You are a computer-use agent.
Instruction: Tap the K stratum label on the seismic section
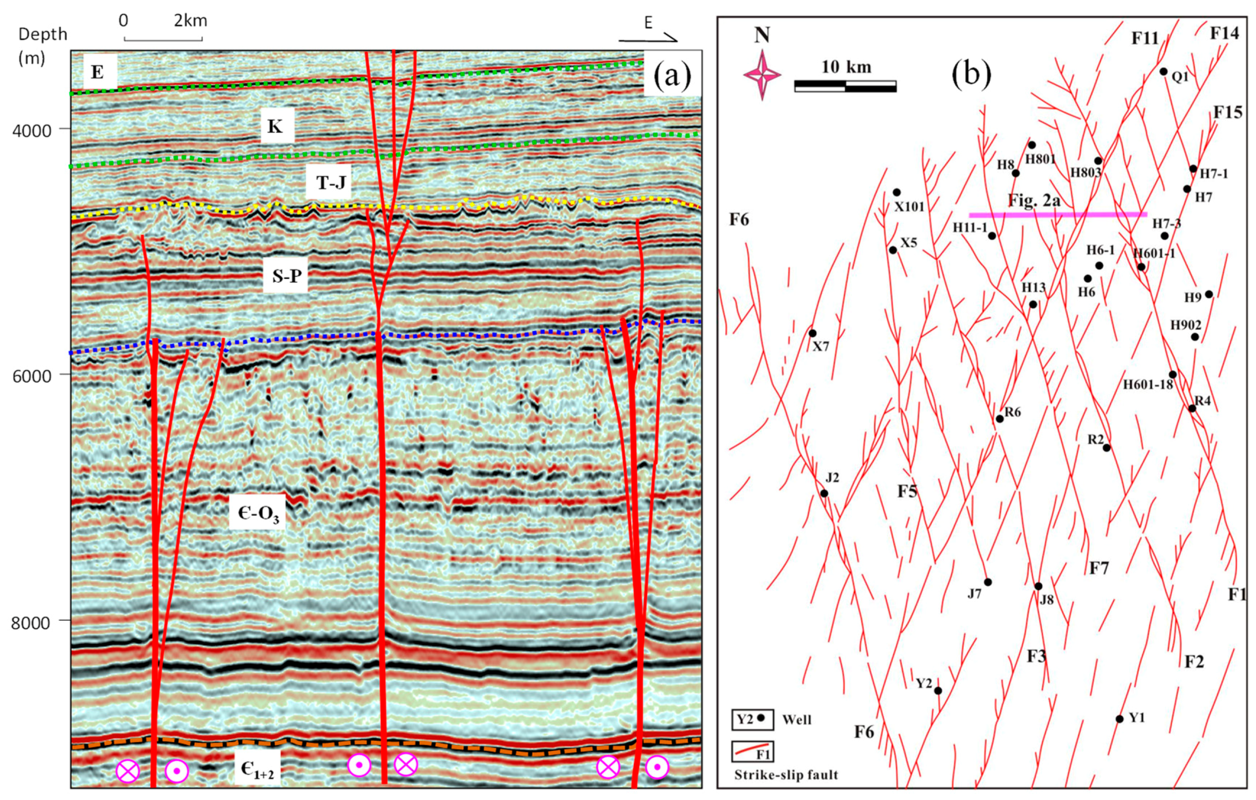[275, 127]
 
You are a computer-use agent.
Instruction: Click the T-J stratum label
[331, 183]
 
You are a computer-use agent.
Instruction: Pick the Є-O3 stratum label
[258, 513]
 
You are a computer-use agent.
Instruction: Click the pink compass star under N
[762, 75]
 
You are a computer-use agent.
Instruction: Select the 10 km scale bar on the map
[845, 86]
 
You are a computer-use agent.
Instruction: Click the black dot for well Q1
[1163, 71]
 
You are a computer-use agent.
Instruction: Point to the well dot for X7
[812, 333]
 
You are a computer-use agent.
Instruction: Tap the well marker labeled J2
[824, 493]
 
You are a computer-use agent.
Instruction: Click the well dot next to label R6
[999, 419]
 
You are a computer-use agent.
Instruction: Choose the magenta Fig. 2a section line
[1058, 214]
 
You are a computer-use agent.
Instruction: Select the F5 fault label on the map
[907, 491]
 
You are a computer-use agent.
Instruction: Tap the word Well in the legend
[797, 720]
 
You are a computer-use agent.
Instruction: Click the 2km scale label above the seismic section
[190, 21]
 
